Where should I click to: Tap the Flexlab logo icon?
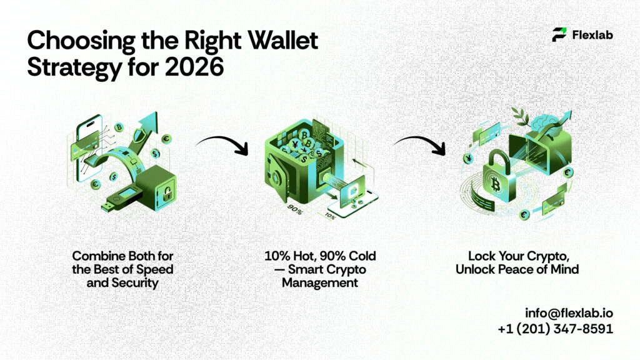click(x=559, y=35)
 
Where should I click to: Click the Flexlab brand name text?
click(x=592, y=35)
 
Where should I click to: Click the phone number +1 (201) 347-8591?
click(x=556, y=328)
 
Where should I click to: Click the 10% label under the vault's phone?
click(x=329, y=216)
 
